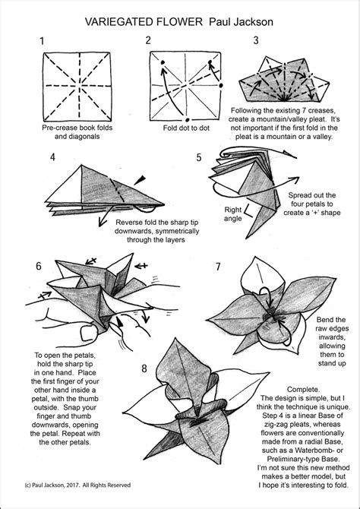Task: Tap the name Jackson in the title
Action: (254, 22)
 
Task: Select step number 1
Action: (42, 41)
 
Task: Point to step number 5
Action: (199, 157)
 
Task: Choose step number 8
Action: (144, 368)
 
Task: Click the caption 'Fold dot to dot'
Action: (186, 128)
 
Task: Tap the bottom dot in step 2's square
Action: (188, 119)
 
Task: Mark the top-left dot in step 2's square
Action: (163, 62)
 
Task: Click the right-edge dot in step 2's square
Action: (221, 86)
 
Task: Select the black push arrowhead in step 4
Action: (140, 180)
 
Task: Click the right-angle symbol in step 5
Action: (249, 212)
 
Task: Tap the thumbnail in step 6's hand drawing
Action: (87, 334)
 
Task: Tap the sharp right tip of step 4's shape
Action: (164, 204)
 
